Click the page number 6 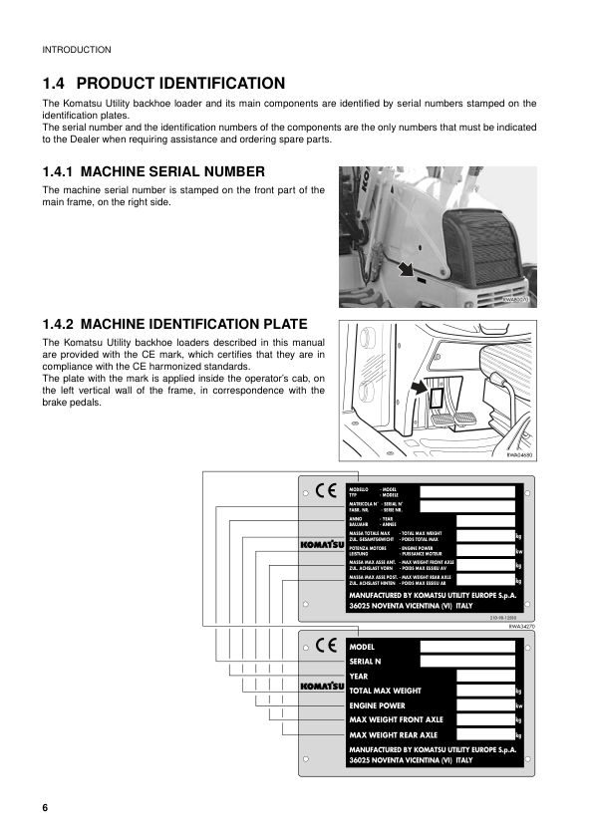(x=45, y=806)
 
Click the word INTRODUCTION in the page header (x=77, y=50)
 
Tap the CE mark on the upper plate (x=326, y=490)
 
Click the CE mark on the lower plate (x=326, y=645)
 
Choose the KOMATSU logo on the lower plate (x=322, y=688)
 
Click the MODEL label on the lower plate (x=362, y=647)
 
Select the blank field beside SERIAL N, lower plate (x=467, y=661)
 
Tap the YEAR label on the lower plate (x=359, y=676)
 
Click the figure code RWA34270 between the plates (x=522, y=626)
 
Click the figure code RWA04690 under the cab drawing (x=519, y=454)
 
